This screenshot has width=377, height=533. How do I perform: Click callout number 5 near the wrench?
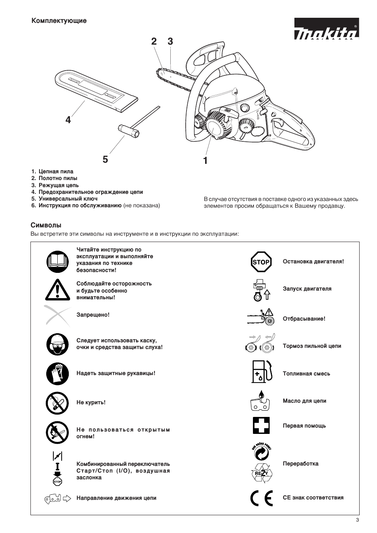tap(105, 159)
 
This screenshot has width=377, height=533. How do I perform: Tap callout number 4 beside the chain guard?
tap(68, 120)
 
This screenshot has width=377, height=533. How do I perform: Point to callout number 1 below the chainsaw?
tap(205, 160)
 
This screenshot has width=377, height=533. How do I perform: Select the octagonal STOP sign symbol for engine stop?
tap(261, 262)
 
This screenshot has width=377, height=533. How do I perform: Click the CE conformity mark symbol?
tap(261, 498)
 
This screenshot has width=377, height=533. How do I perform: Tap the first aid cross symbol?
tap(261, 426)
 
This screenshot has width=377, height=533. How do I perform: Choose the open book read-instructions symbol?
tap(57, 261)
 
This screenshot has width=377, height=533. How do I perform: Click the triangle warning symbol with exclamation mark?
tap(57, 289)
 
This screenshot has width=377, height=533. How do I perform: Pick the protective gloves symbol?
tap(57, 373)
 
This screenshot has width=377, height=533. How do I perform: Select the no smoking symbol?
tap(57, 403)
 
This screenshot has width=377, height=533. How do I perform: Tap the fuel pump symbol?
tap(262, 372)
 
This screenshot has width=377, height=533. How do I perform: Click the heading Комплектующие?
tap(59, 21)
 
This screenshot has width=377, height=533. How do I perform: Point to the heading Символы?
tap(46, 225)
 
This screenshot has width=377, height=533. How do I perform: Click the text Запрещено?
tap(93, 315)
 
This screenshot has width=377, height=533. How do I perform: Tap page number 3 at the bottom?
tap(357, 520)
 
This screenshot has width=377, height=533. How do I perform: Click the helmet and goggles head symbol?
tap(57, 344)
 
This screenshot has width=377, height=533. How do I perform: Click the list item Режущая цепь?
tap(58, 185)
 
